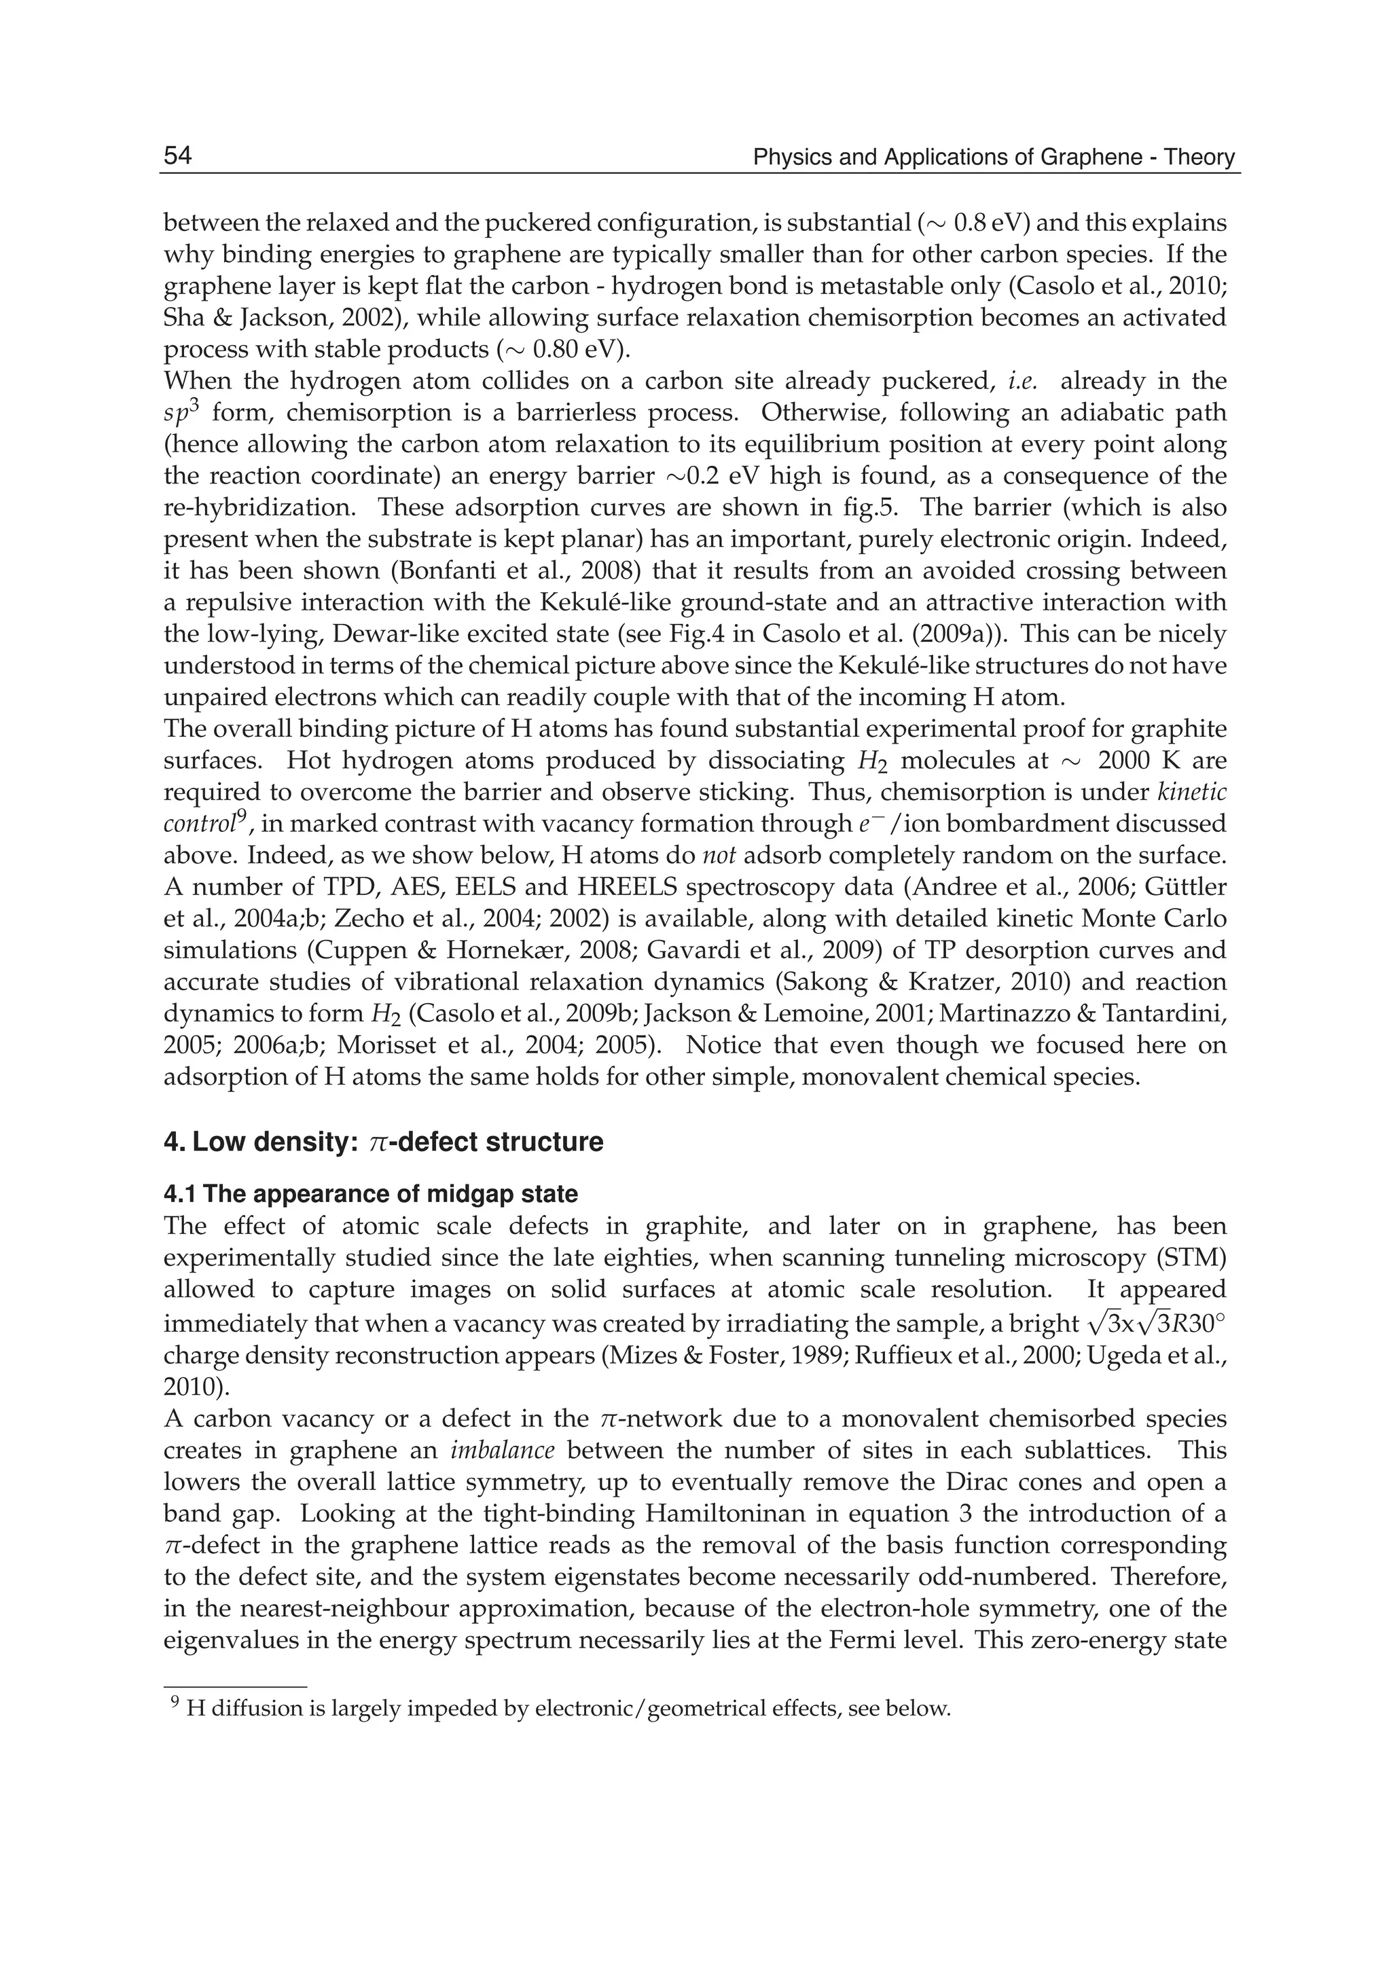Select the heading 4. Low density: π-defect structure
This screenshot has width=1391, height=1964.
pos(383,1142)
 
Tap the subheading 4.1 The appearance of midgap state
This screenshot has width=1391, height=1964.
pos(370,1193)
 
